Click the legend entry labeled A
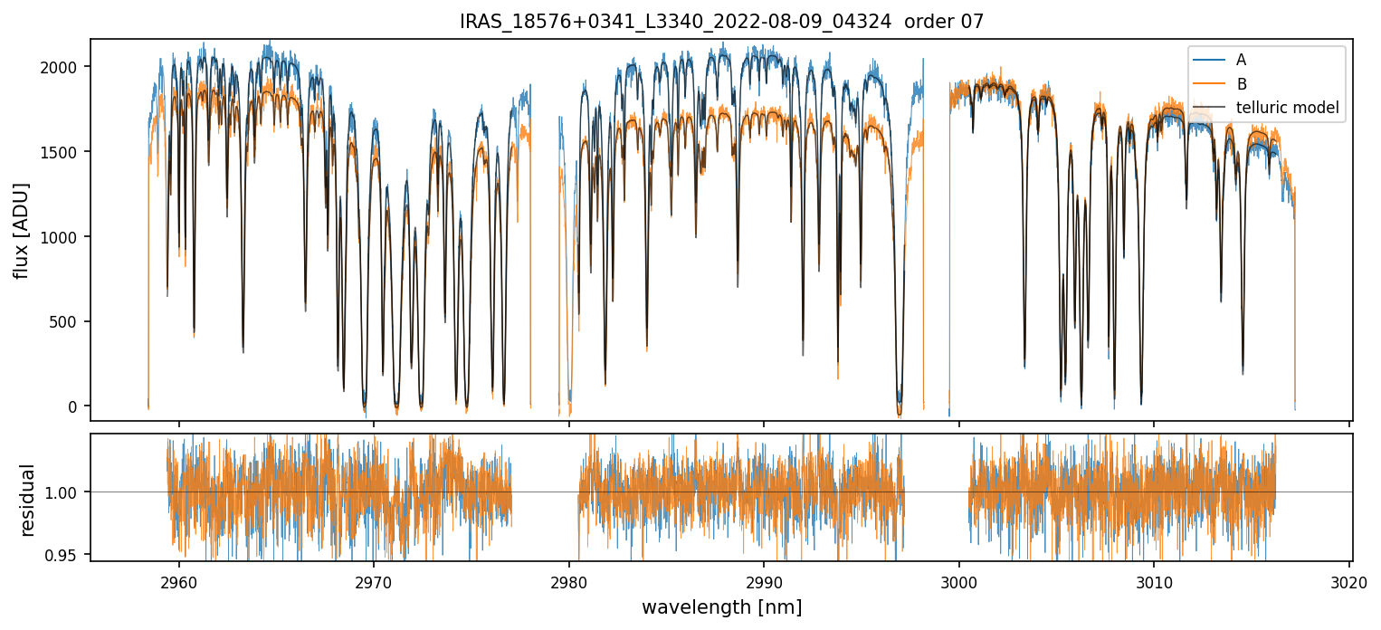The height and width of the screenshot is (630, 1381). [x=1241, y=60]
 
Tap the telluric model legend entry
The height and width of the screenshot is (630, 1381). [x=1287, y=109]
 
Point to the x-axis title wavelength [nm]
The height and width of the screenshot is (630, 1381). [x=721, y=606]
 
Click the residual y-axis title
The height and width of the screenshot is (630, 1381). [x=27, y=500]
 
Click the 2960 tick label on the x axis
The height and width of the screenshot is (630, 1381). [x=178, y=580]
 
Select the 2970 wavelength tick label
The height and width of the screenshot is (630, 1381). [x=374, y=580]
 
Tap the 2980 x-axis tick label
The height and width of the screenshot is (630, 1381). [x=568, y=580]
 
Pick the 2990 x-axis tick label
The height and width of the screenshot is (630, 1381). [x=764, y=580]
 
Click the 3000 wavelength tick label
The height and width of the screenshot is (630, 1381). [x=958, y=580]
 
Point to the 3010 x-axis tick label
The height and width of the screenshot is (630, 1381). [x=1154, y=580]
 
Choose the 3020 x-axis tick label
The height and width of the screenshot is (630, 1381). [x=1349, y=580]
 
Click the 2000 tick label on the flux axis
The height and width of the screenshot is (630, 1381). [x=62, y=67]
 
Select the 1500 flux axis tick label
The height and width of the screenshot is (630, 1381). [x=62, y=152]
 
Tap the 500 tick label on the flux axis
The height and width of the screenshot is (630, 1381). [x=67, y=321]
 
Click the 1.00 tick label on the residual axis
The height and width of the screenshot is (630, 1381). [x=64, y=492]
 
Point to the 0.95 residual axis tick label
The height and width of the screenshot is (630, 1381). [x=64, y=554]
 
